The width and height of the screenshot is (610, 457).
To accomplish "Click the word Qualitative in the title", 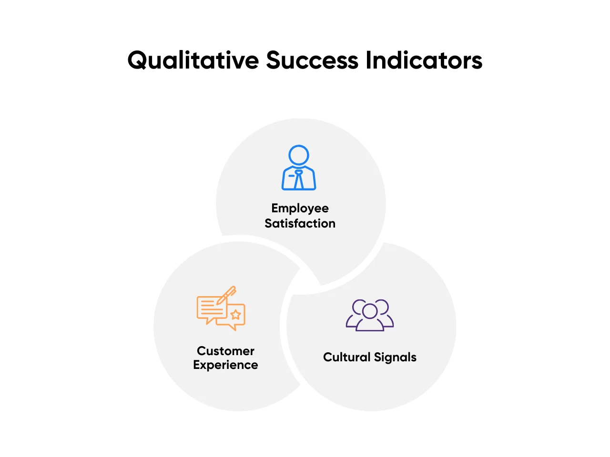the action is coord(193,60).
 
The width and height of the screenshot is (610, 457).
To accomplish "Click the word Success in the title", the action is coord(312,60).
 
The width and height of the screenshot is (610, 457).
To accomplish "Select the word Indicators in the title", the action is coord(424,60).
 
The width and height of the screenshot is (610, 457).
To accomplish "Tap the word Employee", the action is coord(300,209).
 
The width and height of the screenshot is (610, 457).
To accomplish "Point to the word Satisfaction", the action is coord(300,223).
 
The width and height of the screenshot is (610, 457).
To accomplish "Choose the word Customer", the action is coord(225,351).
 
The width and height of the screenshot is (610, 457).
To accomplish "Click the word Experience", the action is coord(225,365).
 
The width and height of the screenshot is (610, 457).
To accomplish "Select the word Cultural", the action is coord(346,357).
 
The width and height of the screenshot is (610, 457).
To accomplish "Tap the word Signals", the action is coord(395,358).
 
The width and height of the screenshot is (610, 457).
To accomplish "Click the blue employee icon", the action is coord(299,167).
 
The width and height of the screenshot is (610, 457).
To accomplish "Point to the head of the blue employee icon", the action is coord(299,155).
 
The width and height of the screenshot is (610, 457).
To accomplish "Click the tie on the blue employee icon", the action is coord(299,179).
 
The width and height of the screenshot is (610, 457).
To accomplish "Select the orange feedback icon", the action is coord(221,308).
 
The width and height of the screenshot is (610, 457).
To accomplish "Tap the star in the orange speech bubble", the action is coord(236,315).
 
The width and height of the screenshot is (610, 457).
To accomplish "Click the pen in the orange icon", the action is coord(226,296).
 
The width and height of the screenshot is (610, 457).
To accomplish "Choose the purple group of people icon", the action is coord(370,315).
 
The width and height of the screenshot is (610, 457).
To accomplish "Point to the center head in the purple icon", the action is coord(370,311).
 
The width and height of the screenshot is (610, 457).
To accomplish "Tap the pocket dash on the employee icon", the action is coord(292,176).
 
